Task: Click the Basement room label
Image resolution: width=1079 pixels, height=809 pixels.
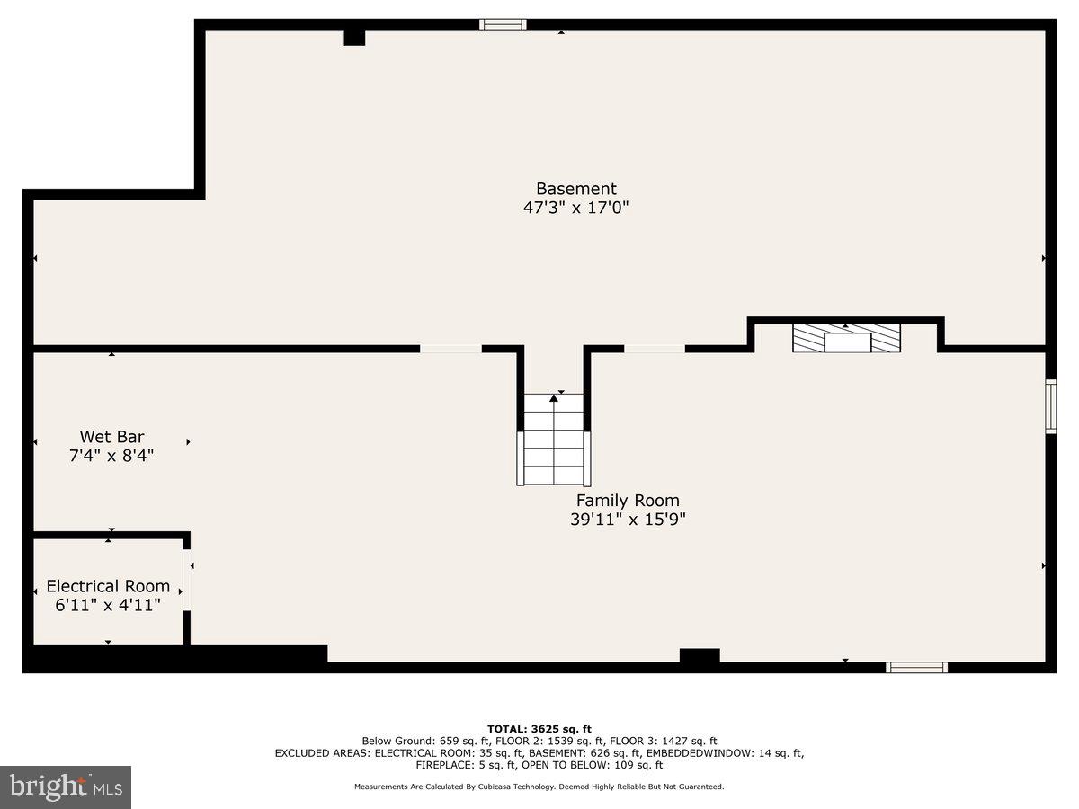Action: pyautogui.click(x=576, y=189)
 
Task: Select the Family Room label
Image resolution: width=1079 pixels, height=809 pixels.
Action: pyautogui.click(x=628, y=501)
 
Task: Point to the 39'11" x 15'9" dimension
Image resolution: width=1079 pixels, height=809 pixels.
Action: pyautogui.click(x=628, y=520)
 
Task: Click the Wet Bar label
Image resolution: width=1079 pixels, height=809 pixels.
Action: pyautogui.click(x=111, y=437)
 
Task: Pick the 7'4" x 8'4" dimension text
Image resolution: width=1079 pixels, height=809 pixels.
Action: pyautogui.click(x=111, y=456)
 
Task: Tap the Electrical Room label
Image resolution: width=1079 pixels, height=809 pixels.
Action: pyautogui.click(x=108, y=586)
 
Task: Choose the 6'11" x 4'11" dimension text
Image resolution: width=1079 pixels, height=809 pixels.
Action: pyautogui.click(x=108, y=605)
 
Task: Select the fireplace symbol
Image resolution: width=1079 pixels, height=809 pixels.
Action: pyautogui.click(x=846, y=339)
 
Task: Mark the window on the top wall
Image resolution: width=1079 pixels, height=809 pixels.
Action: pyautogui.click(x=503, y=24)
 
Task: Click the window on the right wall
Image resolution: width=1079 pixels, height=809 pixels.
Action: pyautogui.click(x=1050, y=406)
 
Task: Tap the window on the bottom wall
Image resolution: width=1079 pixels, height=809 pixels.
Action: pyautogui.click(x=916, y=667)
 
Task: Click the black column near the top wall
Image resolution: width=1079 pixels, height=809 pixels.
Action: pyautogui.click(x=354, y=37)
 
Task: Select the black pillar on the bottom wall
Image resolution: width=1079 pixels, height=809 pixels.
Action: pyautogui.click(x=699, y=657)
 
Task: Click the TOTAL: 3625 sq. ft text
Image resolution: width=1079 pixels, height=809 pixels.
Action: pyautogui.click(x=539, y=728)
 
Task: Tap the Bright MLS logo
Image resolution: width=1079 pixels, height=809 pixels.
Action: pyautogui.click(x=66, y=787)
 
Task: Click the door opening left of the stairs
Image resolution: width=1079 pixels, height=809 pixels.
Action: pyautogui.click(x=450, y=348)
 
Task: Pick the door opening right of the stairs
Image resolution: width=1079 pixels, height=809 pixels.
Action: pyautogui.click(x=655, y=348)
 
